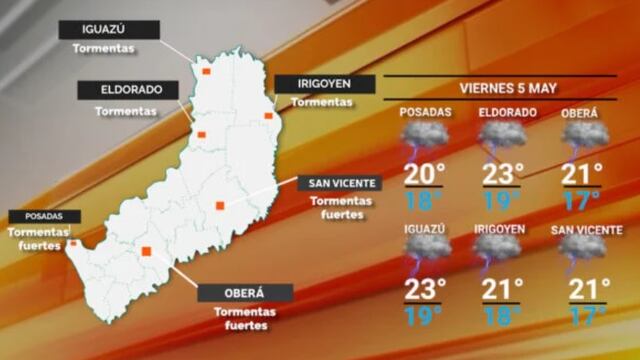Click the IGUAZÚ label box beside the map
[108, 30]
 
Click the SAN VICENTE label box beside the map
[341, 183]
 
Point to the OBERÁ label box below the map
[245, 293]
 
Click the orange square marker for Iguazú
[206, 72]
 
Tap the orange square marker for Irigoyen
[268, 117]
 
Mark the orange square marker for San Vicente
[220, 206]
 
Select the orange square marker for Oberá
[147, 252]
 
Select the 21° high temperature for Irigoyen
[503, 290]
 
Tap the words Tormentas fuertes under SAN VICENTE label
[340, 207]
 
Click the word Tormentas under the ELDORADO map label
[125, 111]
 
